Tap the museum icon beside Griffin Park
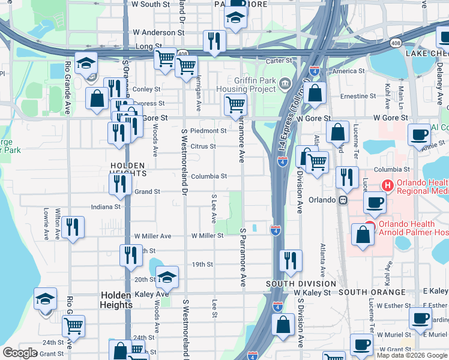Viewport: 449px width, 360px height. tap(284, 82)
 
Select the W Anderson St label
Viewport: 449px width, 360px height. tap(158, 32)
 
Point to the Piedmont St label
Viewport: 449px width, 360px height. tap(208, 131)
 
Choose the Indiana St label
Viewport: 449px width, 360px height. tap(105, 206)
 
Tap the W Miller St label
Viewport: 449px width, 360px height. tap(208, 236)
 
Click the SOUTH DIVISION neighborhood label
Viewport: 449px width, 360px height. tap(301, 283)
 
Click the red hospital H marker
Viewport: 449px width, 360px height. tap(388, 187)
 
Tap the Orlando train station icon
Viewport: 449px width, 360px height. tap(343, 200)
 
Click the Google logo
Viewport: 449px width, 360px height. tap(20, 353)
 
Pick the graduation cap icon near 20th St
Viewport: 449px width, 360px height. tap(167, 277)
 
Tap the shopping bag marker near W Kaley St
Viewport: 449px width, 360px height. tap(283, 324)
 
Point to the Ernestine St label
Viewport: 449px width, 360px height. tap(358, 96)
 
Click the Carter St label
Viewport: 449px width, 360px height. tap(279, 61)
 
